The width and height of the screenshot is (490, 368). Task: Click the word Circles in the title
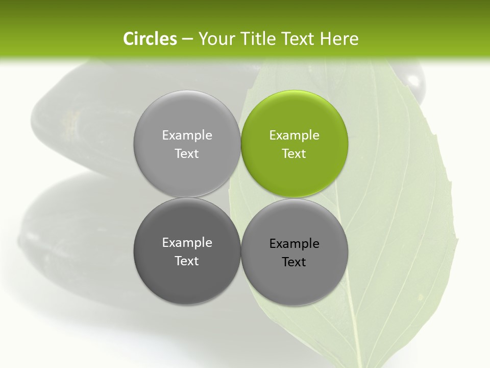[150, 39]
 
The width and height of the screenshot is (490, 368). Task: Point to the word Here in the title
[339, 39]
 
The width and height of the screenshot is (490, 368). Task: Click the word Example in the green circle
[294, 135]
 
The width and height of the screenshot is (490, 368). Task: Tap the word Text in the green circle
[294, 154]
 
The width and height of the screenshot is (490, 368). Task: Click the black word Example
[294, 244]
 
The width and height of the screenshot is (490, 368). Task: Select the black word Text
[294, 262]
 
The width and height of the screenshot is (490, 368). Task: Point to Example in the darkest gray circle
[187, 243]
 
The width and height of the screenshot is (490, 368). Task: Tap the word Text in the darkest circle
[187, 261]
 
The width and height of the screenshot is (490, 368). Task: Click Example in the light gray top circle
[187, 135]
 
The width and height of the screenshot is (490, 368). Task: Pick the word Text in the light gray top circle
[187, 154]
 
